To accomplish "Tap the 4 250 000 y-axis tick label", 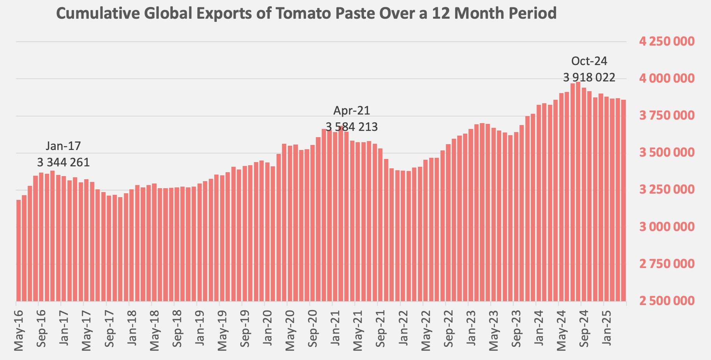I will coord(667,41).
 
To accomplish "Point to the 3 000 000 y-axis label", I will coord(667,227).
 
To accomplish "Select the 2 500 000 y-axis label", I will coord(667,301).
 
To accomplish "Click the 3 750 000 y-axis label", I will coord(667,116).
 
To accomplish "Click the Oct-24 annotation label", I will coord(589,61).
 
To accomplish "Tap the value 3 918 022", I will coord(589,78).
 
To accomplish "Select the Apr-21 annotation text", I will coord(352,111).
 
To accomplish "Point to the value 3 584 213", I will coord(352,127).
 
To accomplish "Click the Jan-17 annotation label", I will coord(63,146).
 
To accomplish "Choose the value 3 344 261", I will coord(63,162).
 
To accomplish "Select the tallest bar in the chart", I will coord(578,191).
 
